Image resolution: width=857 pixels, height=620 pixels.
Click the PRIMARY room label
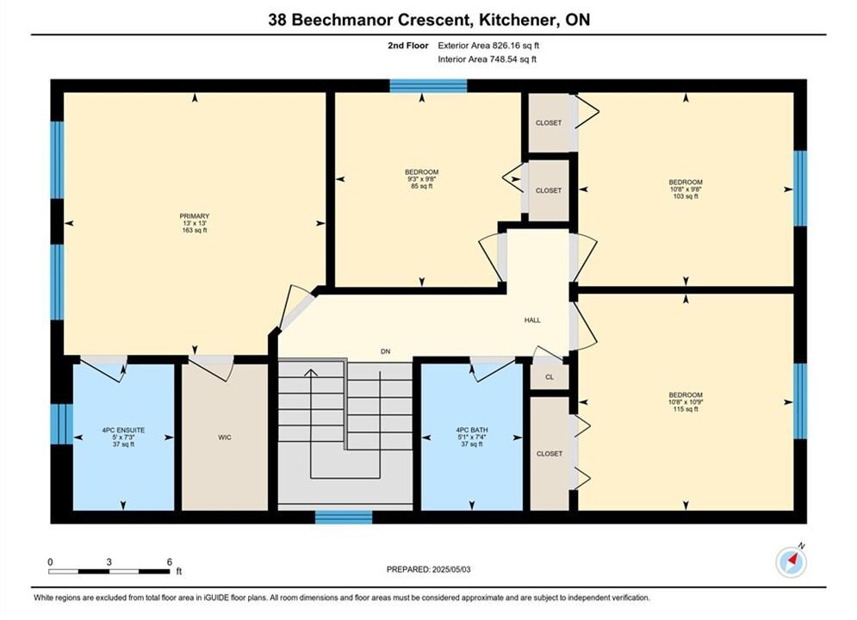point(195,216)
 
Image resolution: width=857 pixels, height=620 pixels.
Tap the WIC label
point(225,437)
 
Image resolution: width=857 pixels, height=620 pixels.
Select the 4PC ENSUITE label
point(123,431)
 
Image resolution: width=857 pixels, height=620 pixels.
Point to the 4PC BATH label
point(472,431)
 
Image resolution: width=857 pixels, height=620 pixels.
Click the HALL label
point(532,320)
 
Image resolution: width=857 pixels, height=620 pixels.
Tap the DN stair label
point(386,352)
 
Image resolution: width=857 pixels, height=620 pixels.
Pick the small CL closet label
point(550,377)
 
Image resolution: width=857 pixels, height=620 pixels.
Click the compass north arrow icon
point(792,561)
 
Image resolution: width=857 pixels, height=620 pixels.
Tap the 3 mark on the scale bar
point(109,562)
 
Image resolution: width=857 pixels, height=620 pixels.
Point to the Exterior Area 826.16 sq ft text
point(488,46)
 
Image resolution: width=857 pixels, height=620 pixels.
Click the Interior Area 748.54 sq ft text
point(487,59)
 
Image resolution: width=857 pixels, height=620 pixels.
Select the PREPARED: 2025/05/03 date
point(429,569)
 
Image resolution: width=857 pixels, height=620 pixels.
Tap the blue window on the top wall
point(429,86)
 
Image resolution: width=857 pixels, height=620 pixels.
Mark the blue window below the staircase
point(344,517)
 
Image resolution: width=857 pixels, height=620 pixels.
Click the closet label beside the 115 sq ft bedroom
point(550,454)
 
